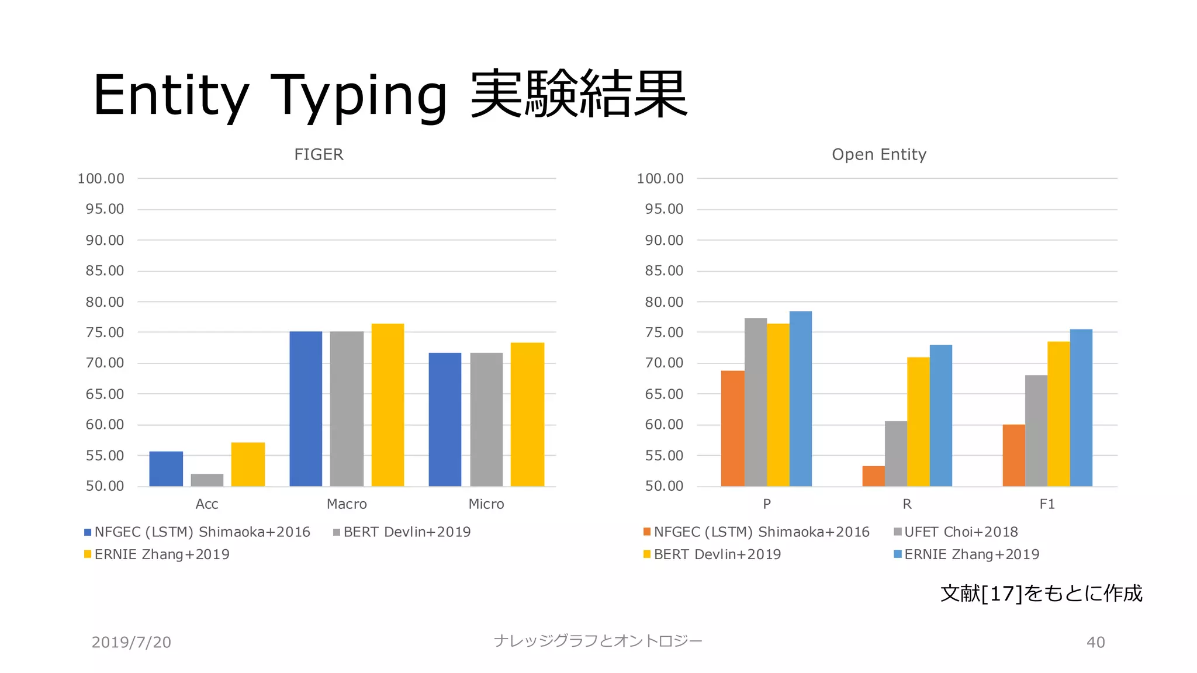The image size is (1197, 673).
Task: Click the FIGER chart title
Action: click(319, 154)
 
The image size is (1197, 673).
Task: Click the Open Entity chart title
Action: click(878, 154)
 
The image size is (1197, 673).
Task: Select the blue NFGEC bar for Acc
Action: click(166, 469)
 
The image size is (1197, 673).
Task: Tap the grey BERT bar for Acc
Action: click(207, 480)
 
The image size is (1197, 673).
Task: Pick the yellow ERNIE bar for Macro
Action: click(388, 405)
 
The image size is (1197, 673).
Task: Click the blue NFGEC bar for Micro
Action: click(445, 419)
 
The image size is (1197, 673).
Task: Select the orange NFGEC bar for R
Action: click(873, 476)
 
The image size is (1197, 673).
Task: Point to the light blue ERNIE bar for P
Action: click(800, 398)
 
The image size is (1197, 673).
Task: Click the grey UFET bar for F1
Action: click(1036, 431)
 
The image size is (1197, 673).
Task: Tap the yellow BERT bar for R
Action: click(918, 421)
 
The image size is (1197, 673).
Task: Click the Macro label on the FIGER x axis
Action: click(347, 504)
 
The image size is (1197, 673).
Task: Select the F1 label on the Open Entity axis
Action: click(1047, 504)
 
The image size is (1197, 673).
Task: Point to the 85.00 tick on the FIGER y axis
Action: click(105, 271)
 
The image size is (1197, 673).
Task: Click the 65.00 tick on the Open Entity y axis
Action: click(664, 394)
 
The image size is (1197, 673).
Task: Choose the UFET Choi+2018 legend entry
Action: click(960, 532)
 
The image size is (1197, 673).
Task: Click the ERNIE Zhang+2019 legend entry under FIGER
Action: click(161, 554)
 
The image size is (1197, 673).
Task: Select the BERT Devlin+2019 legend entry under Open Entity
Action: click(717, 554)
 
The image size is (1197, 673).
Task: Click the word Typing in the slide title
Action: click(358, 95)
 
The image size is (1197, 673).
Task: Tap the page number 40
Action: click(1095, 642)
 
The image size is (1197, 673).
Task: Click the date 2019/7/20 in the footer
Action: click(132, 642)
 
